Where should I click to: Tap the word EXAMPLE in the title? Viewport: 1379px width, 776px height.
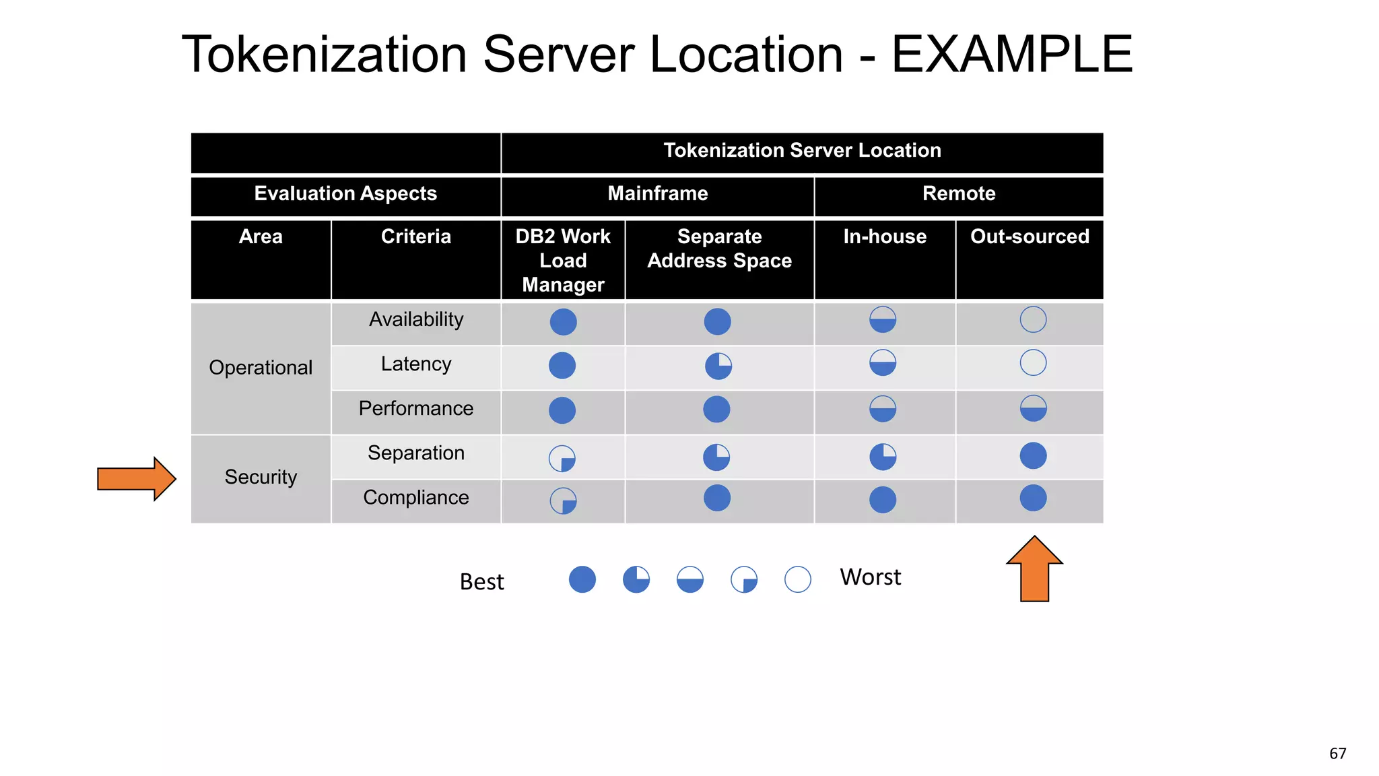click(x=1012, y=55)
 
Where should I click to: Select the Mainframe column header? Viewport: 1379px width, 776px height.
click(x=657, y=194)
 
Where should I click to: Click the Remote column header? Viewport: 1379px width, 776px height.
click(x=958, y=194)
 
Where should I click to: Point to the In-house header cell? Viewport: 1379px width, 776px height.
click(x=885, y=237)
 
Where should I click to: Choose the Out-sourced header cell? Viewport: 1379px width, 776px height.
click(x=1030, y=237)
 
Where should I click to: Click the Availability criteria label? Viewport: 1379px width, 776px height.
click(x=416, y=319)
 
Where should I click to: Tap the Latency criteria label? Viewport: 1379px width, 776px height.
click(x=416, y=364)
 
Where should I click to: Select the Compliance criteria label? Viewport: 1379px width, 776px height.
click(x=416, y=497)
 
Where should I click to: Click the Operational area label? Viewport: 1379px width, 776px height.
click(x=261, y=368)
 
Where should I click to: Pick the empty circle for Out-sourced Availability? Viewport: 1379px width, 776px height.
click(x=1033, y=319)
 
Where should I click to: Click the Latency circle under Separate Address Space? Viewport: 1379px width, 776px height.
click(x=718, y=366)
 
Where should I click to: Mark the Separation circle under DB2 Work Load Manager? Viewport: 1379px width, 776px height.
click(x=562, y=459)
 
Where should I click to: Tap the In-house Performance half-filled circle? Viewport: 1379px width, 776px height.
click(x=883, y=409)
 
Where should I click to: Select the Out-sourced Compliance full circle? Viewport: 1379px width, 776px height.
click(x=1033, y=498)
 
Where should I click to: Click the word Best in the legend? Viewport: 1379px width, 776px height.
click(x=481, y=581)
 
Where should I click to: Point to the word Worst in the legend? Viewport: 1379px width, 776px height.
click(x=870, y=577)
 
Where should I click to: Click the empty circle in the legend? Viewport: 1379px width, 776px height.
click(x=798, y=579)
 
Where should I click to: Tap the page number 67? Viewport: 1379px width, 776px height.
click(x=1337, y=754)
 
